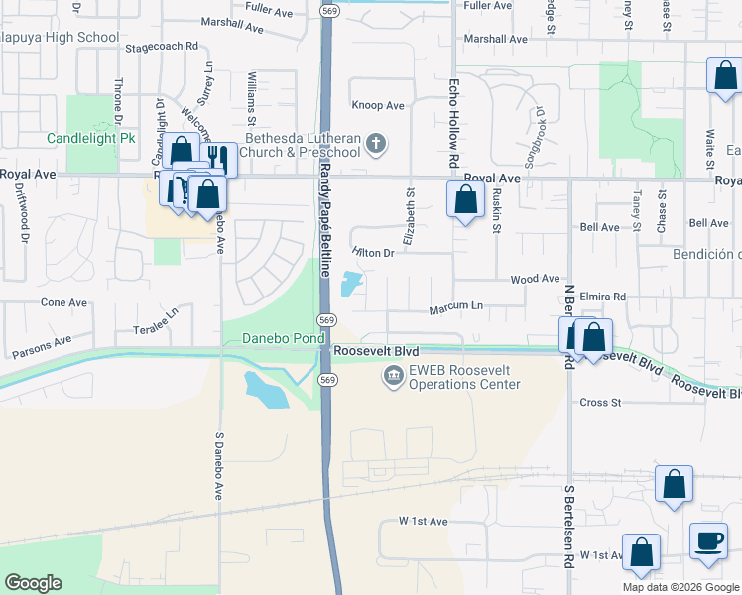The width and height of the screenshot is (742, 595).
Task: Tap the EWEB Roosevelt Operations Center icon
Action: [x=393, y=377]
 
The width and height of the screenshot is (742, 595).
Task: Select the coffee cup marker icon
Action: [x=707, y=541]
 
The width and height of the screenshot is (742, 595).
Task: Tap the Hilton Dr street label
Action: [x=374, y=253]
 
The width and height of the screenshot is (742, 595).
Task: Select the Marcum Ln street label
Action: [x=455, y=309]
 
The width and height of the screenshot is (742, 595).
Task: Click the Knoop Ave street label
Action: [x=378, y=106]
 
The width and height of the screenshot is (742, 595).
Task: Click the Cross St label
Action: [x=599, y=403]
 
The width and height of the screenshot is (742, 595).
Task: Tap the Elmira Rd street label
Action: [x=604, y=297]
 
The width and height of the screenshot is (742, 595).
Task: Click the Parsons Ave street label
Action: [x=42, y=347]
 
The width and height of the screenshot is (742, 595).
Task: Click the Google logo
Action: [x=33, y=583]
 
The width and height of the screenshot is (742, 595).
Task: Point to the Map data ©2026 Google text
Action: [x=680, y=587]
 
